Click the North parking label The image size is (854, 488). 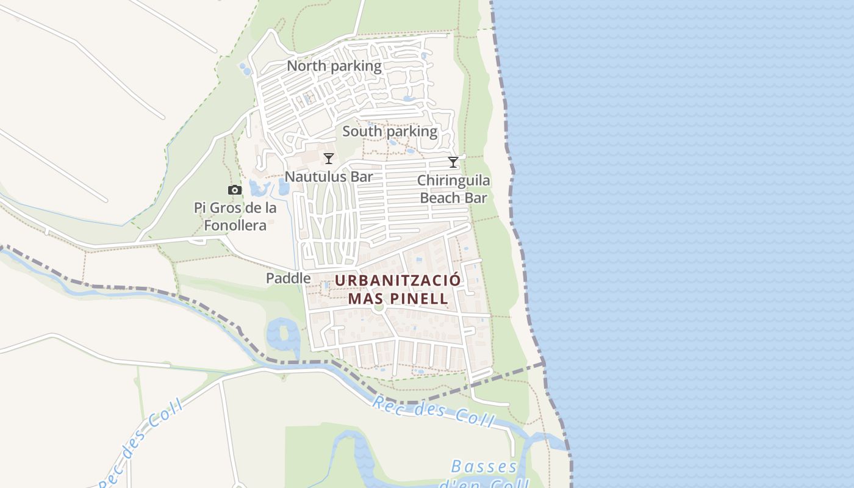pos(334,66)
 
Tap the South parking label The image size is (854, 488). pos(390,131)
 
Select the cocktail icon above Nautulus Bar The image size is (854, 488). pos(329,159)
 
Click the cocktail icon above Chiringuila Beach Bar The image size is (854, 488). pos(453,162)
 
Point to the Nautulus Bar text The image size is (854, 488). pos(329,177)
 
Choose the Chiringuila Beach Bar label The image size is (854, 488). pos(454,189)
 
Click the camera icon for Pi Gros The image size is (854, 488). pos(235,190)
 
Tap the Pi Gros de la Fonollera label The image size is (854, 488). pos(235,217)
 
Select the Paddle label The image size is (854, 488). pos(288,278)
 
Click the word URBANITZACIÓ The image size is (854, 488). pos(397,281)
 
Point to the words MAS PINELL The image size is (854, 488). pos(398,298)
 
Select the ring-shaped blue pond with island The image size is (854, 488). pos(283,335)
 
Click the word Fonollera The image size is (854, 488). pos(235,225)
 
